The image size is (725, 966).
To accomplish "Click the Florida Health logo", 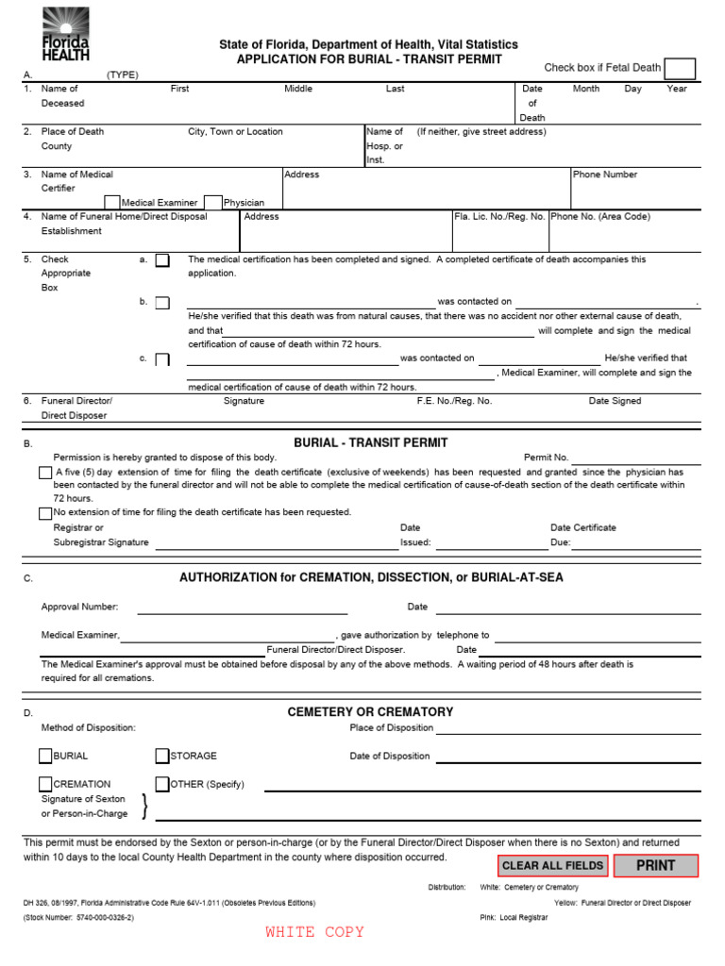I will tap(65, 34).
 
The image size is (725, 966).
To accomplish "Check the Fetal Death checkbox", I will tap(680, 69).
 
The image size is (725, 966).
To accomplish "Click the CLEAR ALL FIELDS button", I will tap(552, 866).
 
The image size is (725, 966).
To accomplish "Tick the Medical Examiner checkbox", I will tap(112, 202).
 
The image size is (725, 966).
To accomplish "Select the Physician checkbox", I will tap(213, 202).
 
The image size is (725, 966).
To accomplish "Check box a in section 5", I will tap(162, 260).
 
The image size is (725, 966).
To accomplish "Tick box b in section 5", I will tap(162, 303).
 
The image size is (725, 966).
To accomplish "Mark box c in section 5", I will tap(162, 359).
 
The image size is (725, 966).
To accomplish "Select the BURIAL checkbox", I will tap(45, 756).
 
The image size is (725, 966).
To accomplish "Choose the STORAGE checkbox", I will tap(162, 756).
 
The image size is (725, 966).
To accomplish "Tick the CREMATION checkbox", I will tap(45, 784).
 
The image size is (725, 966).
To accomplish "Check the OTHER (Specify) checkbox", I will tap(162, 784).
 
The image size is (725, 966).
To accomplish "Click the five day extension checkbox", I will tap(45, 473).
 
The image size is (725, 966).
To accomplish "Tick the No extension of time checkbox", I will tap(45, 513).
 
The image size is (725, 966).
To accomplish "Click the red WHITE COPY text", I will tap(314, 932).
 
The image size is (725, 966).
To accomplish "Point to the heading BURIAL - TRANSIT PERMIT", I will tap(371, 442).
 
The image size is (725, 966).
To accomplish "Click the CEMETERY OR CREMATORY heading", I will tap(370, 712).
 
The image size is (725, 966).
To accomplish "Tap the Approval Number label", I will tap(79, 607).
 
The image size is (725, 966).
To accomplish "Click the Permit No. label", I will tap(547, 458).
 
